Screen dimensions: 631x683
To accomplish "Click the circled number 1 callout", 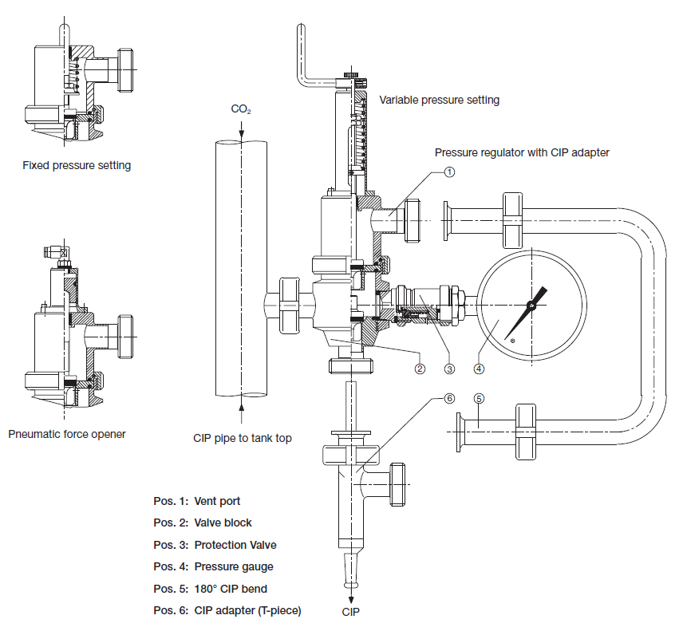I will [x=449, y=171].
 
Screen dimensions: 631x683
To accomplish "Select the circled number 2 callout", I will [x=420, y=369].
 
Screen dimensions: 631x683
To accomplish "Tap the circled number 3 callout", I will [x=449, y=369].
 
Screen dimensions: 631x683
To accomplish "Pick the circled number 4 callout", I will [x=479, y=369].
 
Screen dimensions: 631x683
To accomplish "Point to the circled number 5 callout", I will [x=479, y=398].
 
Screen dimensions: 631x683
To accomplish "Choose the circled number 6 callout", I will [x=449, y=398].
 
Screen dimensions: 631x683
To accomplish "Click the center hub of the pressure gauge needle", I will [x=531, y=305].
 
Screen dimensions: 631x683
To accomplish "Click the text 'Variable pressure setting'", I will [x=439, y=100].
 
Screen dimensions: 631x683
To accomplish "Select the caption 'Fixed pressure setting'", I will [x=77, y=166].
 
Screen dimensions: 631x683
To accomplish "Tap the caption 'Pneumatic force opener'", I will [x=67, y=435].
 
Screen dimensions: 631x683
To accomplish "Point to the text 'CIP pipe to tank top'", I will [x=243, y=437].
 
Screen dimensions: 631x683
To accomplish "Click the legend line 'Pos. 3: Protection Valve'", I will [x=215, y=545].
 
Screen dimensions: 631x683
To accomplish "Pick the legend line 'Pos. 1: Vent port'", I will [x=197, y=502].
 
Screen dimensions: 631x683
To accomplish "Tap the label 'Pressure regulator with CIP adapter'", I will [x=522, y=152].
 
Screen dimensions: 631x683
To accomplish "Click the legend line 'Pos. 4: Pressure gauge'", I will [x=213, y=566].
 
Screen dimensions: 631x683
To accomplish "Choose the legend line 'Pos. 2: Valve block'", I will [x=203, y=523].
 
